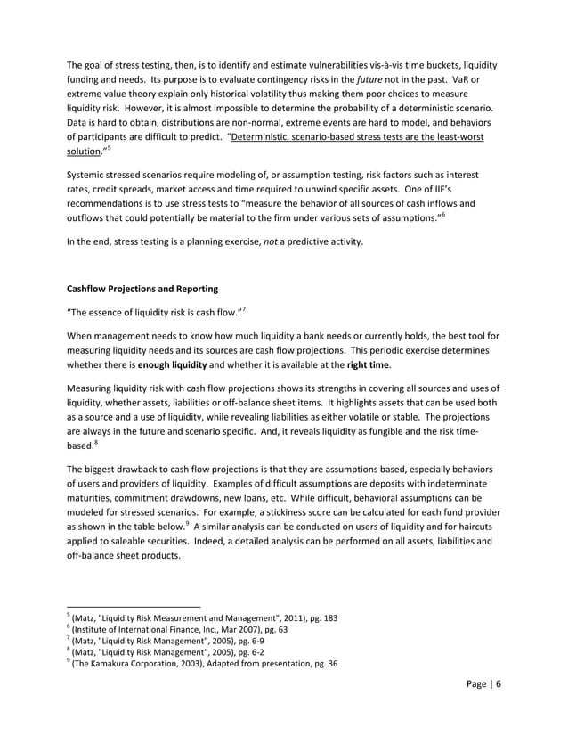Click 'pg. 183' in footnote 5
(321, 617)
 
